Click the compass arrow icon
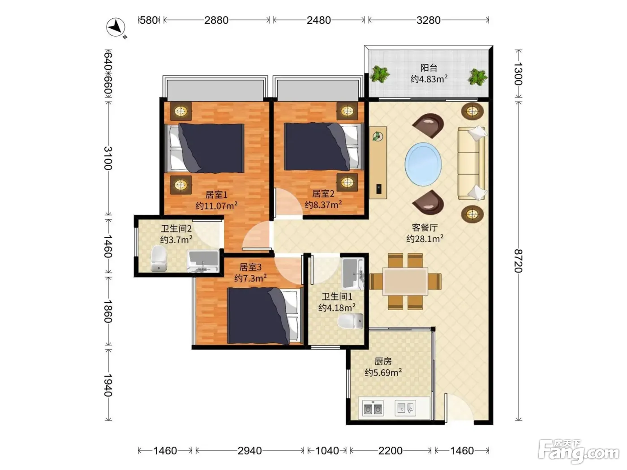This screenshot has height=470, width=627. pyautogui.click(x=116, y=27)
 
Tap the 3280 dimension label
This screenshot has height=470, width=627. pyautogui.click(x=428, y=20)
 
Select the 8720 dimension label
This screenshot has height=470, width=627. pyautogui.click(x=518, y=261)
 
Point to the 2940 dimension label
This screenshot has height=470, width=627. pyautogui.click(x=249, y=451)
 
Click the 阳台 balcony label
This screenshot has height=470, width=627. pyautogui.click(x=429, y=68)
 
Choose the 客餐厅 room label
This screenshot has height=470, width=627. pyautogui.click(x=425, y=227)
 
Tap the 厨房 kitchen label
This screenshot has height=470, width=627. pyautogui.click(x=383, y=361)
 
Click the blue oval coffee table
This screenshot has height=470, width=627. pyautogui.click(x=423, y=164)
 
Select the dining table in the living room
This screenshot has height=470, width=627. pyautogui.click(x=405, y=282)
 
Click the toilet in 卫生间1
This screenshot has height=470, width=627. pyautogui.click(x=351, y=321)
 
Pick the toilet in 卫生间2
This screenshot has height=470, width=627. pyautogui.click(x=159, y=259)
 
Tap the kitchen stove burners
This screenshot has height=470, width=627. pyautogui.click(x=373, y=408)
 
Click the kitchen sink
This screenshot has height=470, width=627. pyautogui.click(x=405, y=408)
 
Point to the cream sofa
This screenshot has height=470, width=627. pyautogui.click(x=471, y=163)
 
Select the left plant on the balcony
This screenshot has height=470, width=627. pyautogui.click(x=379, y=74)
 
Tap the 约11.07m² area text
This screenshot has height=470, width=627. pyautogui.click(x=216, y=205)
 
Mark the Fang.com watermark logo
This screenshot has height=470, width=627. pyautogui.click(x=579, y=452)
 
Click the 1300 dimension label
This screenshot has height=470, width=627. pyautogui.click(x=518, y=74)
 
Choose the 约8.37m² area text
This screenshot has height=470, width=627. pyautogui.click(x=323, y=205)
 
